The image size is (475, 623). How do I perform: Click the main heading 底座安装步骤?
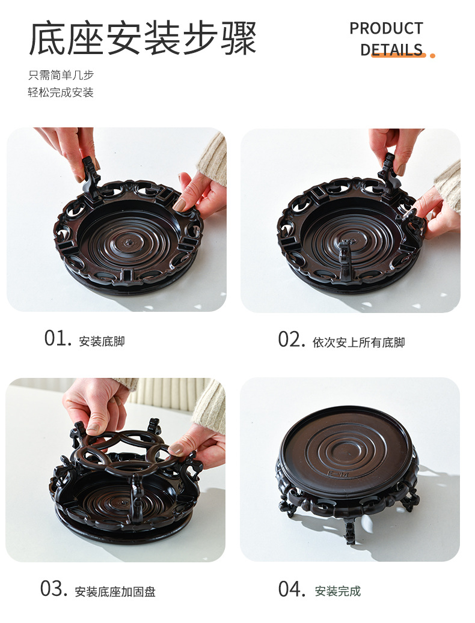(142, 39)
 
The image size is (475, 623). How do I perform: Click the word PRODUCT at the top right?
(387, 29)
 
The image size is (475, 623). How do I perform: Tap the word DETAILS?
(391, 50)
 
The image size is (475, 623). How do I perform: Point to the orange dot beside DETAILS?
(432, 56)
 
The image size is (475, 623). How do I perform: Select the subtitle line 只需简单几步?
(61, 75)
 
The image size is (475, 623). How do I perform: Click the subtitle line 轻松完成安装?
(61, 93)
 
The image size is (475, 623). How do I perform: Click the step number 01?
(58, 339)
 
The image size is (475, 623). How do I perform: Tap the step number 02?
(292, 340)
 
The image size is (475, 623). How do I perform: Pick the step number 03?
(54, 589)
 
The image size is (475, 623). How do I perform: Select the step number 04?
(292, 589)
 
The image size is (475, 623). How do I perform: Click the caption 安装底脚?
(102, 341)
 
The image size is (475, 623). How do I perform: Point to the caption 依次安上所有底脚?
(358, 342)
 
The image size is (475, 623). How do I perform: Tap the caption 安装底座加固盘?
(115, 592)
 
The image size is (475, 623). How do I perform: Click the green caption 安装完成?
(337, 591)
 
